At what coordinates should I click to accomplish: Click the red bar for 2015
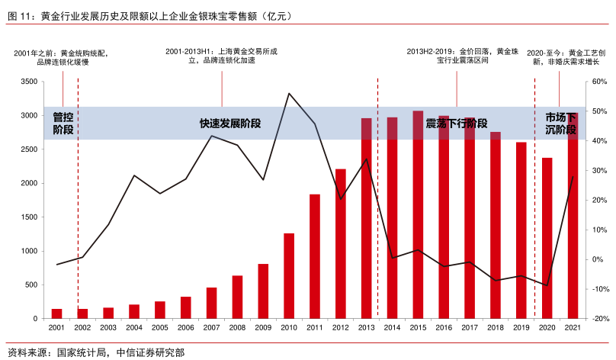coord(418,214)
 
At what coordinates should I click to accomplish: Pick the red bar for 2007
coord(212,303)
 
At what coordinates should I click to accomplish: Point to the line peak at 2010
coord(289,94)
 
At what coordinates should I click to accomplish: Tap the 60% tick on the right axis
coord(598,82)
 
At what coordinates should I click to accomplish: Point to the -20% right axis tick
coord(598,319)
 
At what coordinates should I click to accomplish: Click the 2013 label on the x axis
coord(366,327)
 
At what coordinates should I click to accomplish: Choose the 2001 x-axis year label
coord(56,327)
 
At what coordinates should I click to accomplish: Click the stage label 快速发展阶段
coord(230,123)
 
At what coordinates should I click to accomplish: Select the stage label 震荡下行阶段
coord(456,123)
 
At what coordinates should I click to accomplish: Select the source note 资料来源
coord(95,352)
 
